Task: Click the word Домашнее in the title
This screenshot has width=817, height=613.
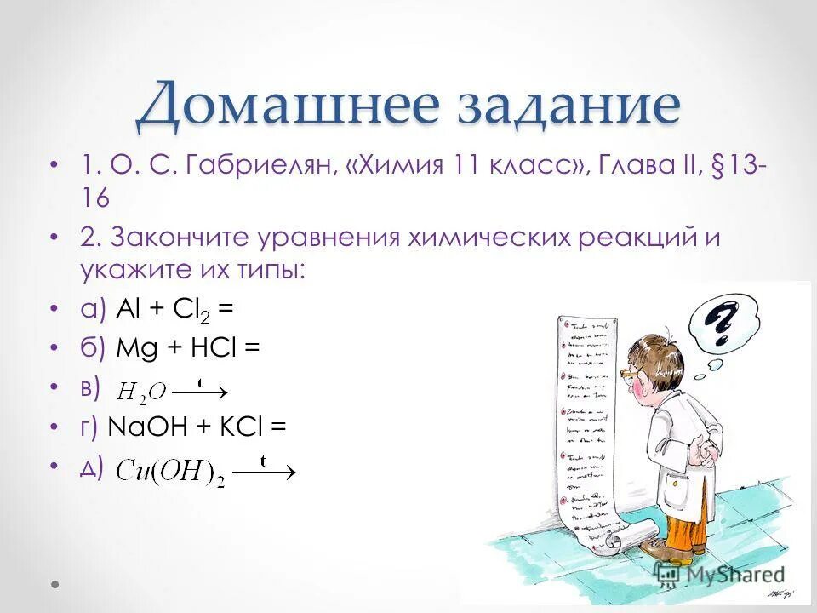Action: click(x=273, y=107)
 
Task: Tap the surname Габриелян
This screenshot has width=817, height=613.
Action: click(x=258, y=165)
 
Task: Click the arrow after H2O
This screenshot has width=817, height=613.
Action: click(x=201, y=392)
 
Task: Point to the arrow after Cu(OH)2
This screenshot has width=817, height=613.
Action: click(x=265, y=470)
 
